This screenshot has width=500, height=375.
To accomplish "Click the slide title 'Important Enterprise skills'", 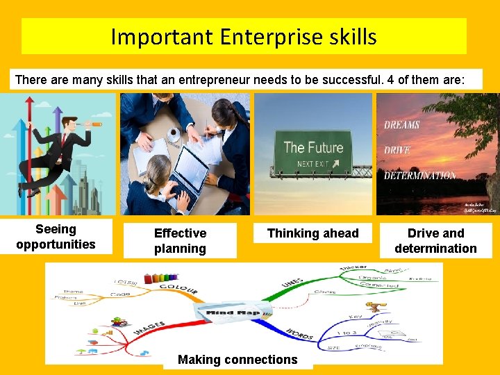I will pyautogui.click(x=244, y=36).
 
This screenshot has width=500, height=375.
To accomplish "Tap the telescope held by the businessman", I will pyautogui.click(x=91, y=126).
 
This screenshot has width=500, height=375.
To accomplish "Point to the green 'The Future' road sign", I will pyautogui.click(x=313, y=153).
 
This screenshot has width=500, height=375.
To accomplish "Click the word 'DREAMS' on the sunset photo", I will pyautogui.click(x=402, y=125).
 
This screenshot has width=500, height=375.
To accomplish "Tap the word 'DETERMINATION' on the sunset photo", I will pyautogui.click(x=419, y=176).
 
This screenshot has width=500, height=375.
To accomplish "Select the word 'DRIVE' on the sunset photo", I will pyautogui.click(x=397, y=150).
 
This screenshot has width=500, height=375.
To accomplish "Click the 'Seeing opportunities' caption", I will pyautogui.click(x=56, y=237).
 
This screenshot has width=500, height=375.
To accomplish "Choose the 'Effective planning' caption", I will pyautogui.click(x=180, y=241).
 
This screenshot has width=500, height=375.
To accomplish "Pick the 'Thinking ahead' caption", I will pyautogui.click(x=312, y=233).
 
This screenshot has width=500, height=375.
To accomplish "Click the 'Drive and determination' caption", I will pyautogui.click(x=435, y=241).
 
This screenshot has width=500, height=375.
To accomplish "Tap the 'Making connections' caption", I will pyautogui.click(x=237, y=360).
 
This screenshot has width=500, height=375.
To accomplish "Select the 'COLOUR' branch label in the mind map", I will pyautogui.click(x=178, y=286).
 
